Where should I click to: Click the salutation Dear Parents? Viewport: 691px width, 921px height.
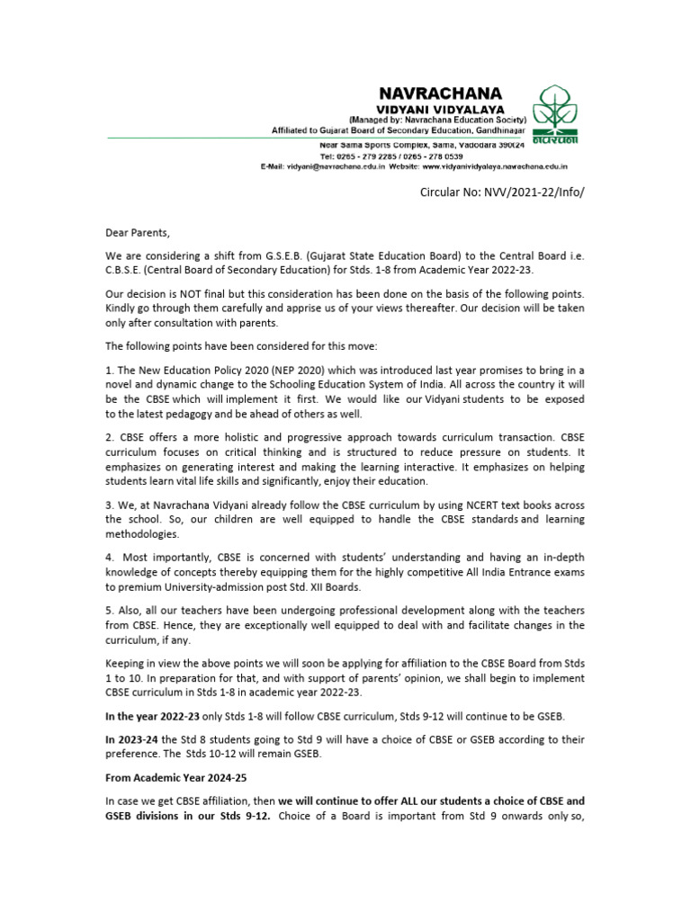click(x=137, y=233)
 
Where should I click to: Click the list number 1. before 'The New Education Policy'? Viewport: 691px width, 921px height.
click(x=110, y=371)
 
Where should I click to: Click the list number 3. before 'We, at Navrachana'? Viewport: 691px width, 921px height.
click(x=110, y=505)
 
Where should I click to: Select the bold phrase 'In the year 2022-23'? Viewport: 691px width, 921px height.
click(x=148, y=715)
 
